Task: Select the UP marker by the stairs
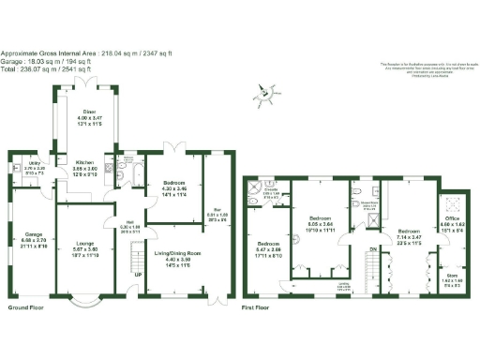tap(139, 275)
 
